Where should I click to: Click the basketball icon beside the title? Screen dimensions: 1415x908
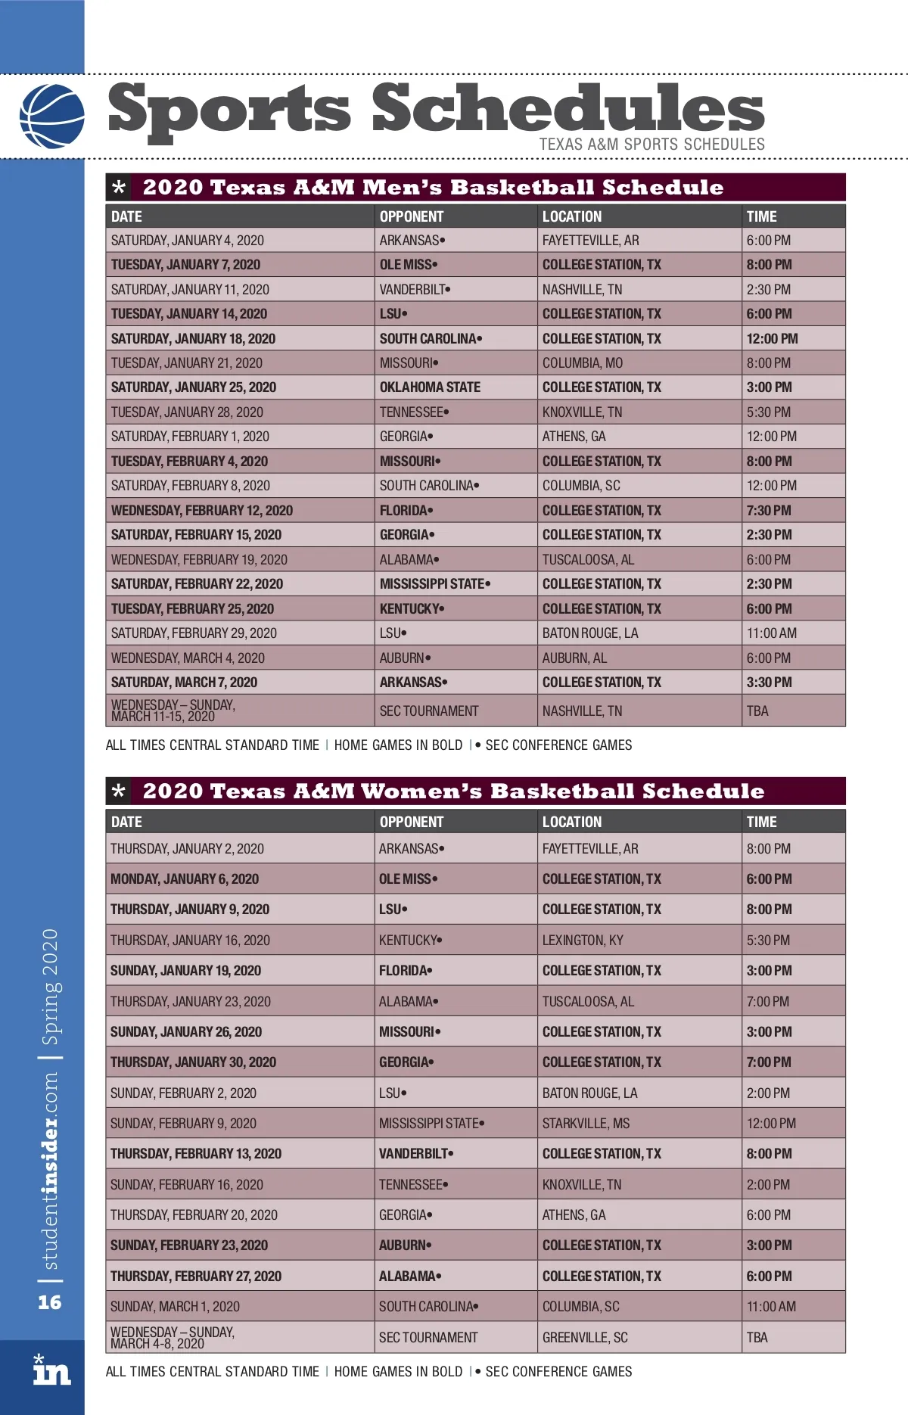point(51,116)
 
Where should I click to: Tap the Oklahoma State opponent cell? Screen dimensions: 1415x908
point(430,387)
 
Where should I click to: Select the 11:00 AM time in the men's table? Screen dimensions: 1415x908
point(771,633)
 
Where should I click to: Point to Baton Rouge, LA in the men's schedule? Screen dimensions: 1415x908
point(590,633)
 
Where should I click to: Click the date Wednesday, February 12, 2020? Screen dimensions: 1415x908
point(202,511)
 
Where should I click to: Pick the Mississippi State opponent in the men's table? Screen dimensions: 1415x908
point(434,584)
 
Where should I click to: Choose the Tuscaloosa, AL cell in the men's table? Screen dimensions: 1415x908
point(588,560)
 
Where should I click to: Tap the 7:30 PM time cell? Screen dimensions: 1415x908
point(769,511)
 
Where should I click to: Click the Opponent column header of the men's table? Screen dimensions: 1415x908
point(412,216)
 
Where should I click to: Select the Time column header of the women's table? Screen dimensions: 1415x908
point(761,822)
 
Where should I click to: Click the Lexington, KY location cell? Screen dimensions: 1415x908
point(583,941)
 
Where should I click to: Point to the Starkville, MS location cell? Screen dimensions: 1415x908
point(586,1124)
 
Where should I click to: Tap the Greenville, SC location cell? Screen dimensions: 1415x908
point(585,1338)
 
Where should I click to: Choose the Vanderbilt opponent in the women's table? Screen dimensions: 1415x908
point(415,1154)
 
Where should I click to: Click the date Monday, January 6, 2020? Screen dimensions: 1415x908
point(185,879)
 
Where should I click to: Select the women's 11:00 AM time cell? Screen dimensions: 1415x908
point(771,1307)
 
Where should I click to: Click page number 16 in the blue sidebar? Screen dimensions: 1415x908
point(50,1302)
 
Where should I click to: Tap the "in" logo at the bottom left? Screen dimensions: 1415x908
point(51,1371)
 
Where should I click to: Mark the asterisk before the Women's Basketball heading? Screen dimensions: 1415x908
point(119,791)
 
